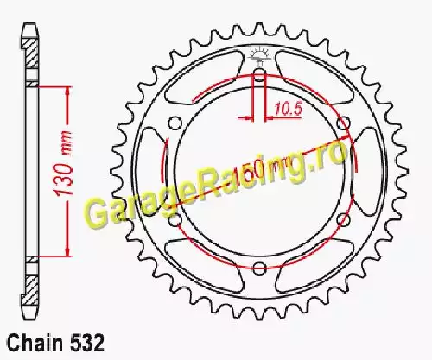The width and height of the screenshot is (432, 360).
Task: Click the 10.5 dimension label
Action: point(288,109)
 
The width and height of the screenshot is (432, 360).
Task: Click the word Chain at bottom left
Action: point(35,343)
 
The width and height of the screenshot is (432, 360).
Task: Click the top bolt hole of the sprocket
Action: point(259,73)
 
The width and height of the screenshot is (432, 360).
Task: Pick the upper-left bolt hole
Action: point(175,123)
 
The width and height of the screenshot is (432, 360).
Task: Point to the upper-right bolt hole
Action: point(344,123)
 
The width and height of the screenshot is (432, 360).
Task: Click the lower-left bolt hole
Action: point(175,219)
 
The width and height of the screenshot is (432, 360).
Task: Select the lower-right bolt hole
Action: point(343,219)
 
